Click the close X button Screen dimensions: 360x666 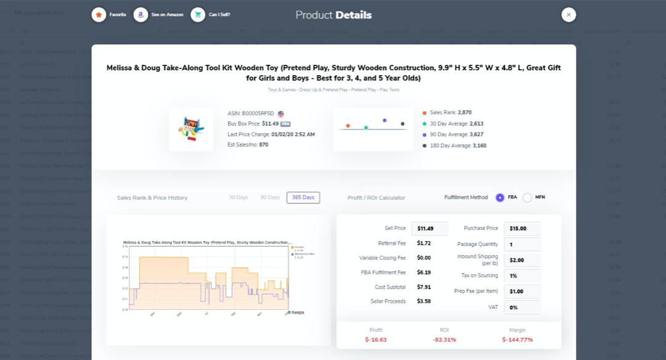tap(569, 15)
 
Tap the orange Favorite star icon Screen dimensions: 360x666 tap(99, 15)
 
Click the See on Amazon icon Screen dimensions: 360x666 tap(141, 15)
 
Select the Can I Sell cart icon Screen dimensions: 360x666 tap(198, 15)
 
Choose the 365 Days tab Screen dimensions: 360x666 tap(303, 198)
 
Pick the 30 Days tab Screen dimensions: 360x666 tap(238, 198)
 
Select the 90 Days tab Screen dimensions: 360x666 tap(269, 198)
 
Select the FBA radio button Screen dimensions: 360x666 tap(500, 197)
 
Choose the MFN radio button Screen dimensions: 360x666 tap(527, 197)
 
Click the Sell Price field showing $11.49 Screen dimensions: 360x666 tap(430, 229)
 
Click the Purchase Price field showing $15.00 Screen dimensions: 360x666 tap(522, 229)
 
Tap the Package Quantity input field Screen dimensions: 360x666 tap(522, 245)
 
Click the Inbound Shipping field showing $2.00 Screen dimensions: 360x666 tap(522, 260)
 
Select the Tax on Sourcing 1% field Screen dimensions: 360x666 tap(522, 276)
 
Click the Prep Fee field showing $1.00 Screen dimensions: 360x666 tap(522, 292)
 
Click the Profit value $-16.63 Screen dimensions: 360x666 tap(376, 340)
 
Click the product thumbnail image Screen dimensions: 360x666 tap(191, 129)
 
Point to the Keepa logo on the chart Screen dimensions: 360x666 tap(296, 313)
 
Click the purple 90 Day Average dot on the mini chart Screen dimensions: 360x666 tap(384, 120)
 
